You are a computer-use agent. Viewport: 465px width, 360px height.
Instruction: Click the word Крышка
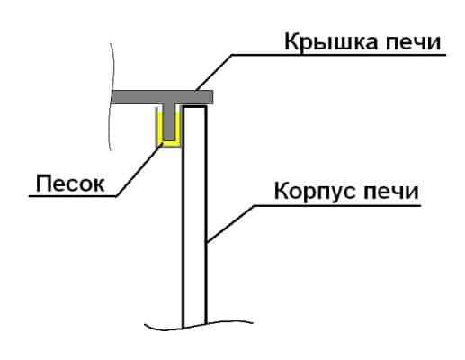331,42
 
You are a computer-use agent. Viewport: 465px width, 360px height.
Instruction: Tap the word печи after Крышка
414,43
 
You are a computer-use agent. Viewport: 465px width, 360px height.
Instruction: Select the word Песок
70,184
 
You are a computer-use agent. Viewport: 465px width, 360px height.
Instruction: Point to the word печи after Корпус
391,192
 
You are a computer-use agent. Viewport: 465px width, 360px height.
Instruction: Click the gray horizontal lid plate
162,97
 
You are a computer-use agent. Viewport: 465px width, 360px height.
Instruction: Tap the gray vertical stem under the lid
169,122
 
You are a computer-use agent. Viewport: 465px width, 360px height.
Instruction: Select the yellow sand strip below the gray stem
169,143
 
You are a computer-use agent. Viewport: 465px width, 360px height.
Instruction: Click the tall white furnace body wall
194,216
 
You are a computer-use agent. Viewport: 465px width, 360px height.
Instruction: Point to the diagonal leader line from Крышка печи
214,73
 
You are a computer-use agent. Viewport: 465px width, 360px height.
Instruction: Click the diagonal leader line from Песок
139,170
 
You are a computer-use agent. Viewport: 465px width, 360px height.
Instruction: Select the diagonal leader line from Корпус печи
230,223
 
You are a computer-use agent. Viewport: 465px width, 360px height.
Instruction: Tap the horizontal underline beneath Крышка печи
339,55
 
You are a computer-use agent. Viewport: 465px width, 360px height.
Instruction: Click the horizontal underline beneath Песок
73,196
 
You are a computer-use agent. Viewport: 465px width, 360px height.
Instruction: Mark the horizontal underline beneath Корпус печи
337,206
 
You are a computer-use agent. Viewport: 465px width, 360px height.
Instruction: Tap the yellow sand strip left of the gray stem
160,126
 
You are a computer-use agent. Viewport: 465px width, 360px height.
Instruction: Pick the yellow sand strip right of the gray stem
178,126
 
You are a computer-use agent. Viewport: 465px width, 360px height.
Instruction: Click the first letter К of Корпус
281,191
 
